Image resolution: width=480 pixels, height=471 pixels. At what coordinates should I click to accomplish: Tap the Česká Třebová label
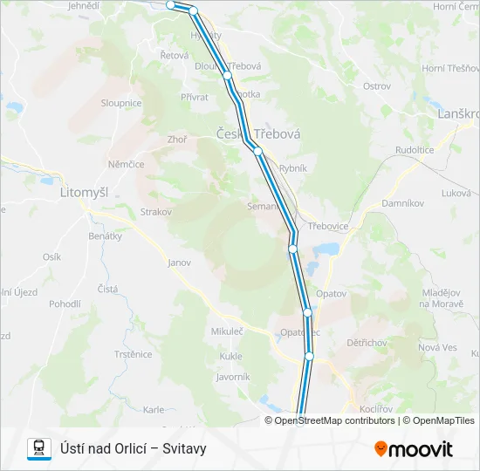[x=258, y=134]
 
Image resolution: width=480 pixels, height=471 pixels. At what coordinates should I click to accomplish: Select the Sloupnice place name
[x=120, y=103]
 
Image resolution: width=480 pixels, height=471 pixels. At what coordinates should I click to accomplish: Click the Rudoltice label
[x=415, y=150]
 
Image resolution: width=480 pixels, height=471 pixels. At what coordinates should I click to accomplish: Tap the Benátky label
[x=105, y=236]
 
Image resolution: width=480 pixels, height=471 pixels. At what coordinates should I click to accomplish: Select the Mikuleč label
[x=226, y=331]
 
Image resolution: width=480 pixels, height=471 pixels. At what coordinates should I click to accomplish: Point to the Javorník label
[x=233, y=377]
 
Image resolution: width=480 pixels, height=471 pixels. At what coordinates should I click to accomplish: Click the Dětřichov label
[x=367, y=343]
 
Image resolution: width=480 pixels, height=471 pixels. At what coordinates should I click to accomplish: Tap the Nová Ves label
[x=438, y=347]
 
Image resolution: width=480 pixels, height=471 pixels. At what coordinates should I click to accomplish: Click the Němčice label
[x=126, y=163]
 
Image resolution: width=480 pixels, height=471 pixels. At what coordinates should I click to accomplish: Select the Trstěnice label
[x=133, y=354]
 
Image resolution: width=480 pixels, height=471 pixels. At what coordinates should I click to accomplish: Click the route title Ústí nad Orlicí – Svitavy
[x=133, y=448]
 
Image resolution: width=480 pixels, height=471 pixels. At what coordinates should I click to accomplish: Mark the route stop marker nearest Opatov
[x=307, y=312]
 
